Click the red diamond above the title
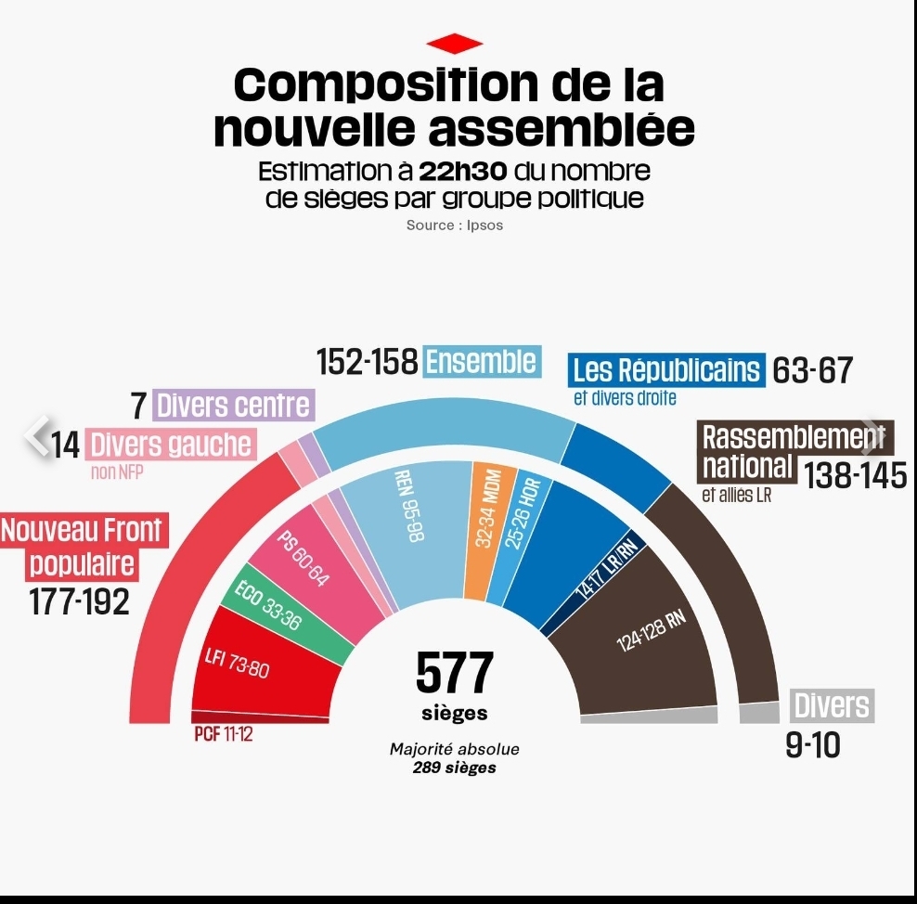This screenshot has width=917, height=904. point(455,44)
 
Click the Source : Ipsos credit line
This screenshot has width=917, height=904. point(455,226)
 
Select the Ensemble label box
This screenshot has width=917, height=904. point(481,361)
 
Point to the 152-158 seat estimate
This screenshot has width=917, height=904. point(368,362)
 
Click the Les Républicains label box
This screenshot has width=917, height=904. point(666,370)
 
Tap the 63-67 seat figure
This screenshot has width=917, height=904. point(812,371)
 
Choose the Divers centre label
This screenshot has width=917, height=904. point(232,406)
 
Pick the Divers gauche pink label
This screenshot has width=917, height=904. point(170,445)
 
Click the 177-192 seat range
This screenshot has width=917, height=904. point(80,602)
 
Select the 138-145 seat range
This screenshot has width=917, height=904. point(855,475)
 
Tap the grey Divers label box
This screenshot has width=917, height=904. point(832,706)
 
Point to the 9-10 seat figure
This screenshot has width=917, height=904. point(813,744)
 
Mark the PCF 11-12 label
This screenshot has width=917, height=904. point(224,734)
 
